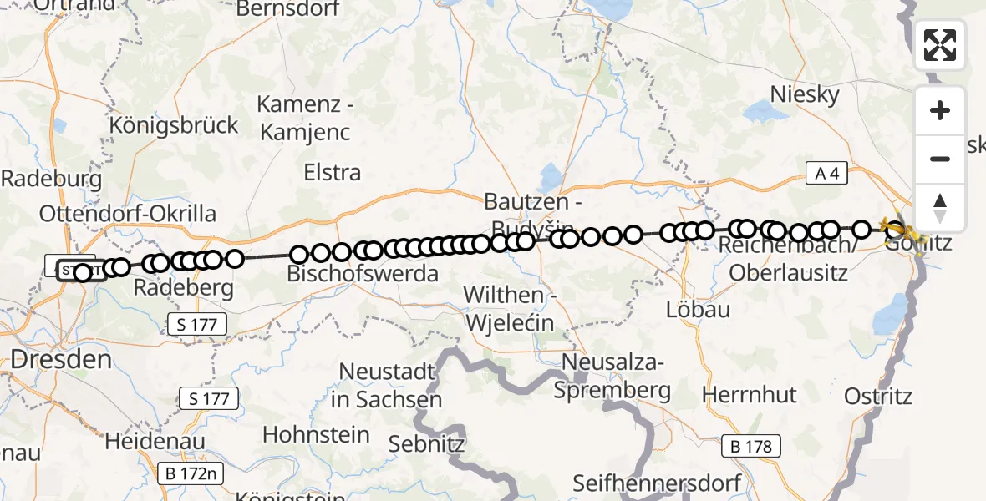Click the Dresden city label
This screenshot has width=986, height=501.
coord(61,360)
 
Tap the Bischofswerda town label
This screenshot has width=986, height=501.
coord(363,273)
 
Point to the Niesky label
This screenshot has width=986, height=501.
coord(804,94)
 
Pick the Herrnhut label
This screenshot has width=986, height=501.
coord(750,393)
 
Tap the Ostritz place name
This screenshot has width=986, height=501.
coord(878,395)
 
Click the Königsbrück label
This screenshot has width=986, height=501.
coord(174,125)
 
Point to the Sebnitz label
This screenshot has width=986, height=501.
coord(427,443)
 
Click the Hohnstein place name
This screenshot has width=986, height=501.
coord(316,434)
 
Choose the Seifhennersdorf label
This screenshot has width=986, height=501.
coord(658,483)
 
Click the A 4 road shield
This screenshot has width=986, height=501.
coord(826,174)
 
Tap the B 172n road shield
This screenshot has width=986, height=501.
coord(192,474)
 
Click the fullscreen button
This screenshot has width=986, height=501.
coord(940,45)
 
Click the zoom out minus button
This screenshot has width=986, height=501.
coord(940,159)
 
